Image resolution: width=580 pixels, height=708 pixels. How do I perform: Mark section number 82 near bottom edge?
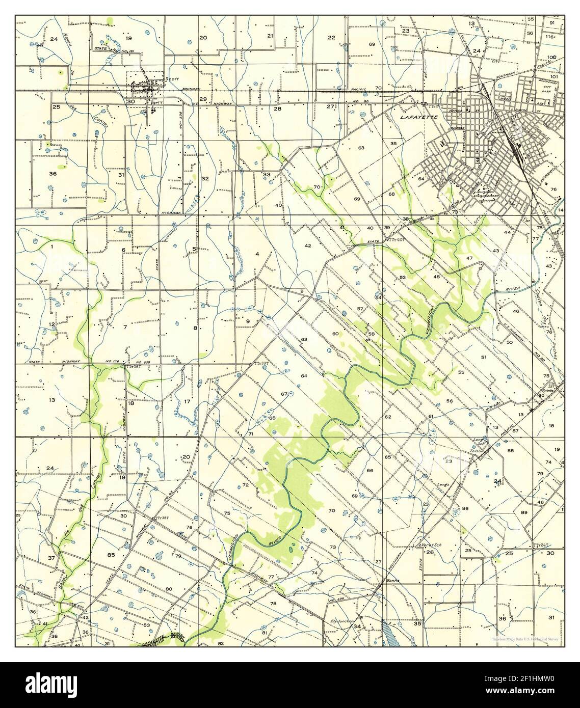[x=220, y=644]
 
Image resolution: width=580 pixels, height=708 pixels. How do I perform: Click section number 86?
[x=465, y=509]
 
